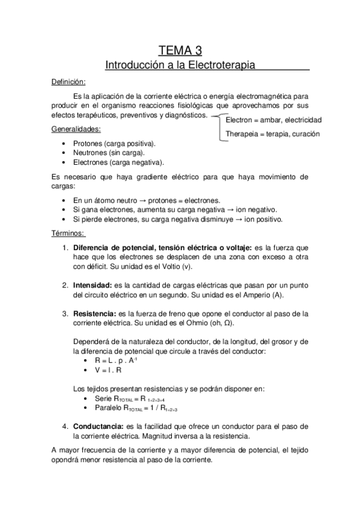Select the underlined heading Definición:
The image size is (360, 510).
(x=68, y=81)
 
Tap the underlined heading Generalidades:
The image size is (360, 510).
(x=76, y=129)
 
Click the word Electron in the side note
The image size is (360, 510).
(x=240, y=120)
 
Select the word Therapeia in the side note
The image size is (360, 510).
(x=243, y=134)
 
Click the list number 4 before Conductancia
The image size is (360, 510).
(x=66, y=425)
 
